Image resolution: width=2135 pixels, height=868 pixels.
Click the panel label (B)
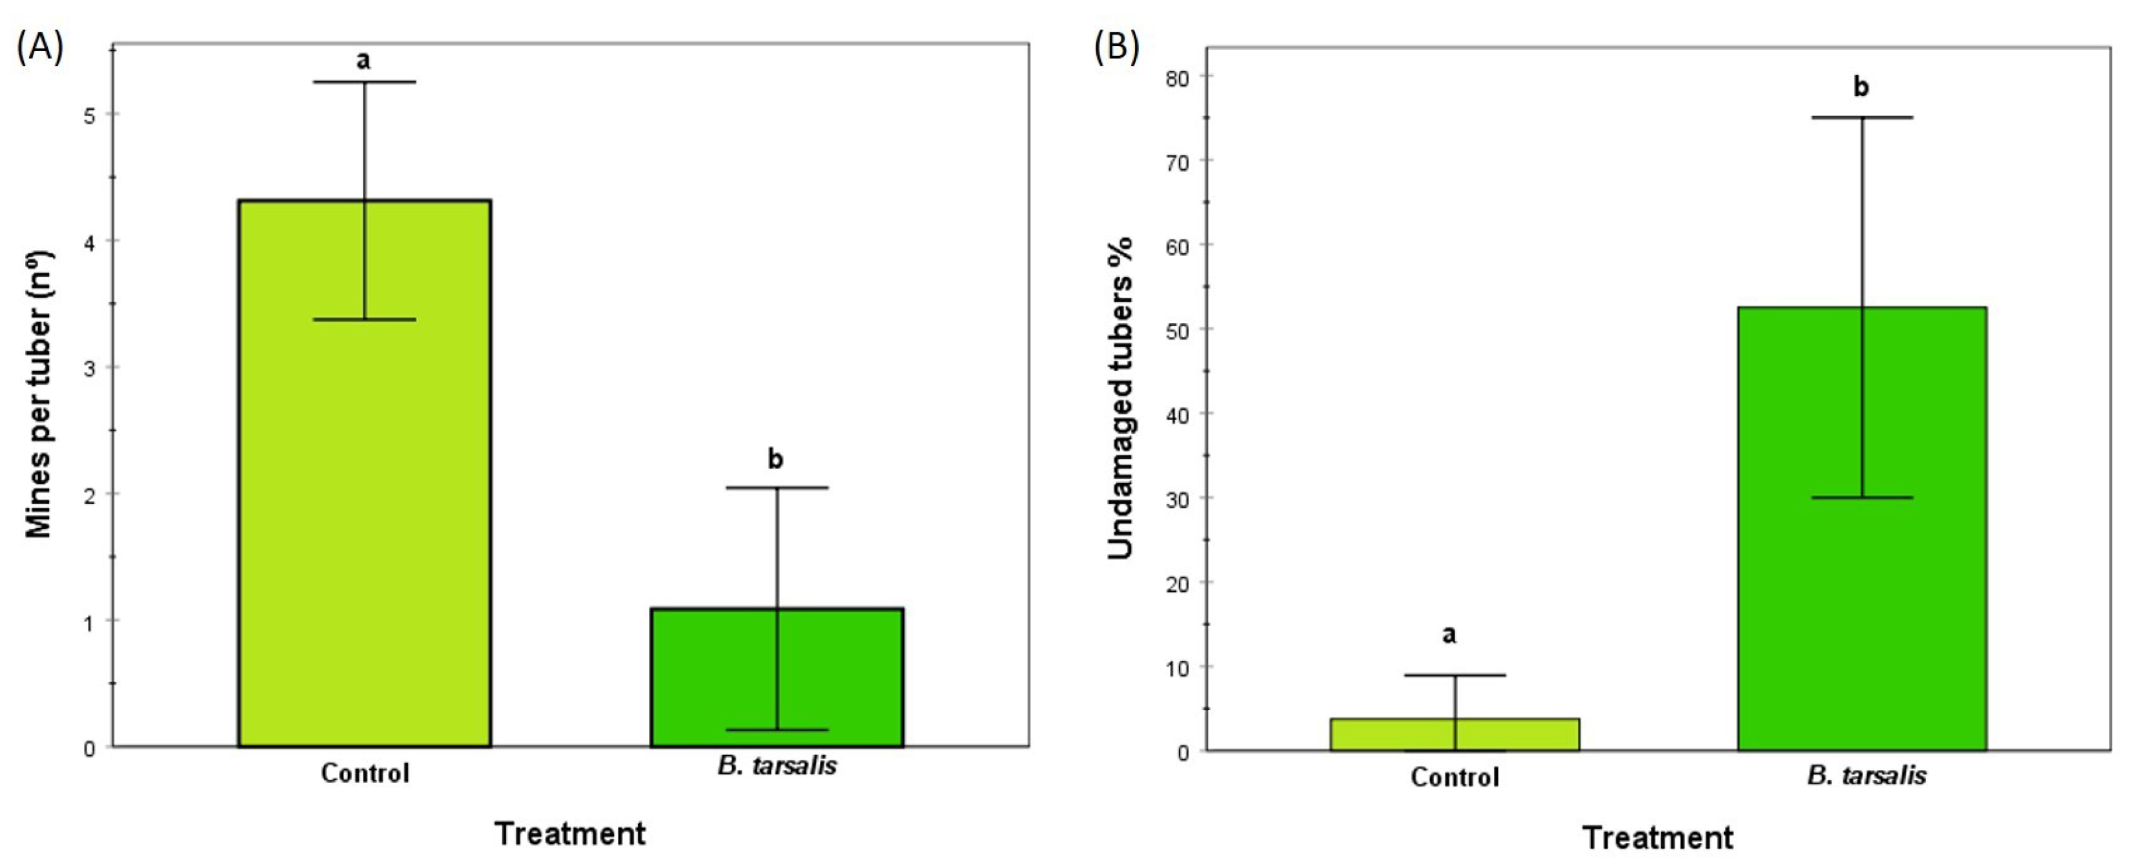1116,48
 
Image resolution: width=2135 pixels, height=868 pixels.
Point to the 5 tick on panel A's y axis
90,114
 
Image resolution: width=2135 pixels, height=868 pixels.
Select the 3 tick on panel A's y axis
90,368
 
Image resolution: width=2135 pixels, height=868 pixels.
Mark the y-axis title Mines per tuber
40,394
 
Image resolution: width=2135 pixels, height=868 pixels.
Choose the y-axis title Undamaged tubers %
1121,398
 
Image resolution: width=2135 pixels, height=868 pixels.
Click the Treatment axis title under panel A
570,833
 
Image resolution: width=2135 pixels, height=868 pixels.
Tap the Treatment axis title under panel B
1658,838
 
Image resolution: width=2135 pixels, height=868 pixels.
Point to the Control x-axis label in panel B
1455,777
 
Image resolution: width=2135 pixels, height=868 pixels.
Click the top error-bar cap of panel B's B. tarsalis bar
1861,117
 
